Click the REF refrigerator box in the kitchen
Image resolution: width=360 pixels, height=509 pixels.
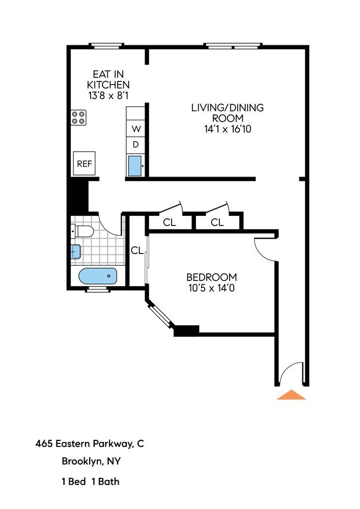pyautogui.click(x=84, y=163)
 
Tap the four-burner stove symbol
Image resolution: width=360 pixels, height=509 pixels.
pyautogui.click(x=79, y=118)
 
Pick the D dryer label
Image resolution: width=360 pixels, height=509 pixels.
pyautogui.click(x=136, y=145)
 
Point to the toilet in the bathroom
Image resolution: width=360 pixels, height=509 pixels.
pyautogui.click(x=82, y=232)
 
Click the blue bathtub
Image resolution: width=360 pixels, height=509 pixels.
pyautogui.click(x=97, y=277)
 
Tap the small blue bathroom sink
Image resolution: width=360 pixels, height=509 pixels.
pyautogui.click(x=75, y=251)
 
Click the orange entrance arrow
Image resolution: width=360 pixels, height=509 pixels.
pyautogui.click(x=291, y=395)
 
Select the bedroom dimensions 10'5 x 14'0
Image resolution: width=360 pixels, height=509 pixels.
pyautogui.click(x=211, y=288)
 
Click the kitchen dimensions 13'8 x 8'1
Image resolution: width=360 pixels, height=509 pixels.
pyautogui.click(x=108, y=95)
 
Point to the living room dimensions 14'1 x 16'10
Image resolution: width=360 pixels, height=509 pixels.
pyautogui.click(x=228, y=129)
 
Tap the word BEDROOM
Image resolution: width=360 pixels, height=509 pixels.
pyautogui.click(x=211, y=277)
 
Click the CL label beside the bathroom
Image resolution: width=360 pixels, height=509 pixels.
pyautogui.click(x=137, y=250)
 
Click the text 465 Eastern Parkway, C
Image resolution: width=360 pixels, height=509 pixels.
pyautogui.click(x=90, y=444)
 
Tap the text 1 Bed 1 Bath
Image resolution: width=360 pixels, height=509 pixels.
pyautogui.click(x=91, y=481)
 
